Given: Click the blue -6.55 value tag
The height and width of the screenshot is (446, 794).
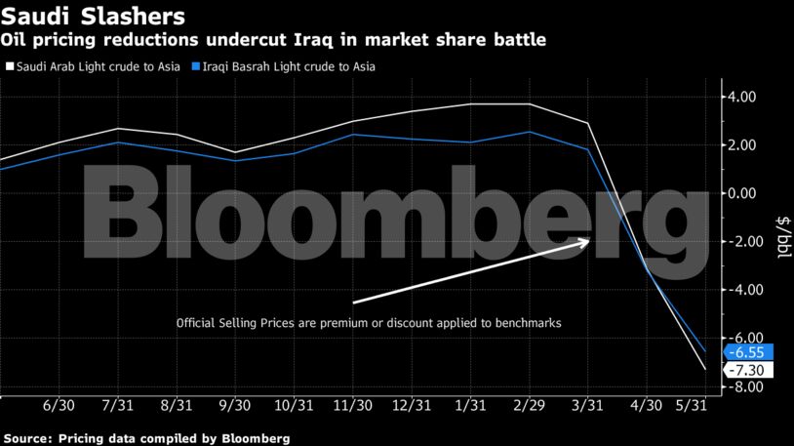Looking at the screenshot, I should [x=749, y=352].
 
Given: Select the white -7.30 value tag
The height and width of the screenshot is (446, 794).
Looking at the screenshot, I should [x=749, y=370].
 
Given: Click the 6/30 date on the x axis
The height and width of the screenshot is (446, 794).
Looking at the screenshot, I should [x=60, y=405].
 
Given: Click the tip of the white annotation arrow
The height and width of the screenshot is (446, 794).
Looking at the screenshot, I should [x=589, y=240].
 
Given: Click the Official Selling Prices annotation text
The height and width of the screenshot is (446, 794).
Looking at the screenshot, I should [x=368, y=322].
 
